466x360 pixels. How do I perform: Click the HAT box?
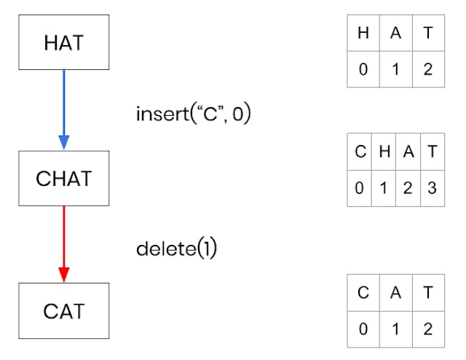point(63,42)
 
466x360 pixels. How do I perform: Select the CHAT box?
point(63,178)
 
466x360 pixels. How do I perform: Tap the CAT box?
point(63,311)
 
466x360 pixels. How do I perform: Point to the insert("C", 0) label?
point(193,114)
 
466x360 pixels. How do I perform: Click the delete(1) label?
point(177,249)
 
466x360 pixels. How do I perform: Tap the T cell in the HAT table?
point(428,33)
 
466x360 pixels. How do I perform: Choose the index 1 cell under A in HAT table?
point(395,70)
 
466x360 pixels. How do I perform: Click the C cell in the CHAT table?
point(360,152)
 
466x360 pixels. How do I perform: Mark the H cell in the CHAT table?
point(384,152)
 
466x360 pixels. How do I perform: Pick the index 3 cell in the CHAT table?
point(433,188)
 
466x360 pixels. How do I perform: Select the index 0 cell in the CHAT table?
point(360,188)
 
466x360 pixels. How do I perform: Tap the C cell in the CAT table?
point(363,292)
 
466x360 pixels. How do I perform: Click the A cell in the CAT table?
point(395,292)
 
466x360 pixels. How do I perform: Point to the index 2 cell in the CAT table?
point(428,329)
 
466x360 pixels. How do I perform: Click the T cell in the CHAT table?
point(433,152)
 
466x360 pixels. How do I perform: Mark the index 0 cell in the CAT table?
point(363,329)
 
